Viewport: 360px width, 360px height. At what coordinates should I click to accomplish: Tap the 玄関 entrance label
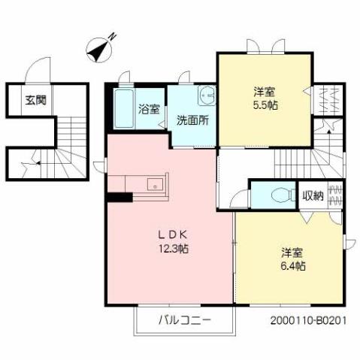pos(32,100)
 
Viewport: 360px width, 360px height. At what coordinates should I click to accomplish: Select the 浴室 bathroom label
pos(149,108)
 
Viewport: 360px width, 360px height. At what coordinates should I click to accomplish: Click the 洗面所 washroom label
pos(192,119)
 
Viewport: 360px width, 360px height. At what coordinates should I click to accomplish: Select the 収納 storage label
pos(313,195)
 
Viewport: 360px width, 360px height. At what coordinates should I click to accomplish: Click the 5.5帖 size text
pos(265,105)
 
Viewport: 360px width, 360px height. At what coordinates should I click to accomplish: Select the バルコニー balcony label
pos(184,321)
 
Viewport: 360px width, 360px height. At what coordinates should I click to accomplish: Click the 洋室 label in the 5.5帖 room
pos(265,91)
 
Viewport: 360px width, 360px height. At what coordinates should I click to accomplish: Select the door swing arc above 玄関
pos(35,74)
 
